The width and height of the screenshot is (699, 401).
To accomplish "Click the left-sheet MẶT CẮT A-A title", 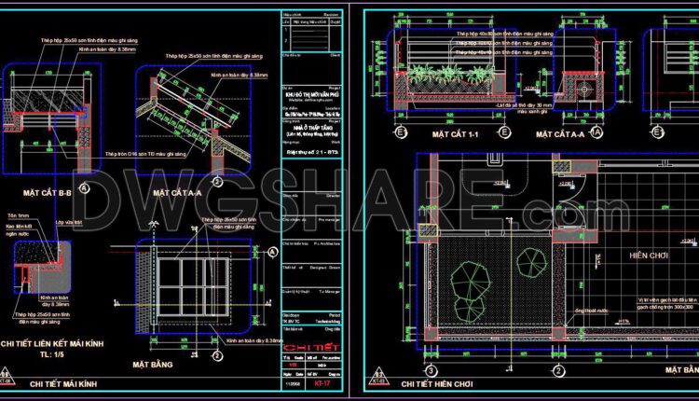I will pyautogui.click(x=178, y=192).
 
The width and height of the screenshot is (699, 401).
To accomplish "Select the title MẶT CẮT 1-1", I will pyautogui.click(x=455, y=135).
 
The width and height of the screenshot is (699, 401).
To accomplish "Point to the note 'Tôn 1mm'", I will pyautogui.click(x=19, y=214).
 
